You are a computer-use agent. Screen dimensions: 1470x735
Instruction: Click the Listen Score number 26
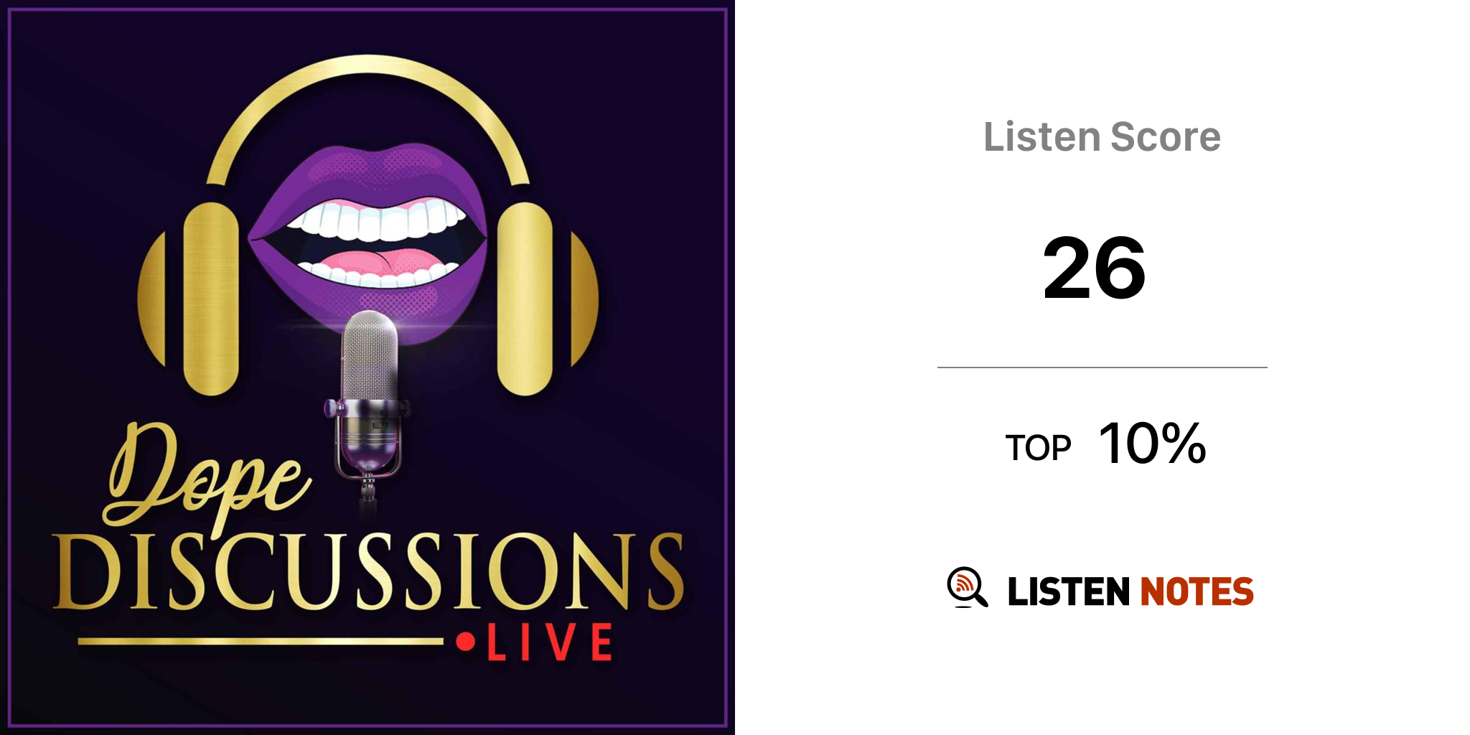(1094, 268)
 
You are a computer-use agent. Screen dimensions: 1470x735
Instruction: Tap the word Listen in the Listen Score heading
(1041, 136)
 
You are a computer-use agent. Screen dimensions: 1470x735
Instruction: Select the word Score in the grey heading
(1166, 136)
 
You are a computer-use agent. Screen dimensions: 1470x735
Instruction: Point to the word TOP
(1038, 448)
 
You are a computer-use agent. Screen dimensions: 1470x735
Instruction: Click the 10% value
(1153, 443)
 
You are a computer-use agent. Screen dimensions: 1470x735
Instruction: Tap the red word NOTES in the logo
(1197, 591)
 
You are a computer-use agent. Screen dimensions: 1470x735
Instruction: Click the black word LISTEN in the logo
(1069, 591)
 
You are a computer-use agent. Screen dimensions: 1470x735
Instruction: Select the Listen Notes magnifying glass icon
(967, 587)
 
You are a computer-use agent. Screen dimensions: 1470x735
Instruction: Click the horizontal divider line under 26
(1102, 367)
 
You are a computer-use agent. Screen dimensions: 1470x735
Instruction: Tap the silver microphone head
(370, 355)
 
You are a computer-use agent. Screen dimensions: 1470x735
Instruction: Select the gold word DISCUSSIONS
(368, 571)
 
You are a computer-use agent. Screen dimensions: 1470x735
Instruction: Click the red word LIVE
(550, 642)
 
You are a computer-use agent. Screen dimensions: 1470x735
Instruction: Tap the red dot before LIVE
(466, 641)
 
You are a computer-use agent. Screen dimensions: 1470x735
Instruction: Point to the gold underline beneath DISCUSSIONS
(261, 641)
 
